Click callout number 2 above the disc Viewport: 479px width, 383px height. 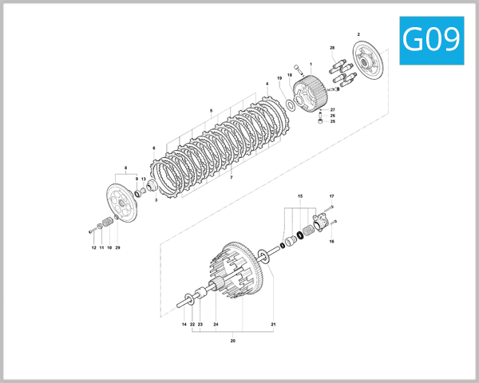coord(358,34)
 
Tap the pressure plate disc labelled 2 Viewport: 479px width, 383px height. coord(370,63)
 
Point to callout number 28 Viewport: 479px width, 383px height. coord(331,49)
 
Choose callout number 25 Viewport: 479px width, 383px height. coord(333,121)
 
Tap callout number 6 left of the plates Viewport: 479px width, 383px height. coord(153,148)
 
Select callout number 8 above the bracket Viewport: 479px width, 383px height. coord(125,168)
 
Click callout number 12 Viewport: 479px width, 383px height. coord(93,248)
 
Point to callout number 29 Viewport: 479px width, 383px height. coord(117,248)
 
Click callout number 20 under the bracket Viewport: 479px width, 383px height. coord(232,340)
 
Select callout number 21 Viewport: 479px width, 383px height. coord(272,325)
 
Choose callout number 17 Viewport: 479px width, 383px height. coord(331,196)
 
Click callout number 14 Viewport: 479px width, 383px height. coord(183,325)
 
